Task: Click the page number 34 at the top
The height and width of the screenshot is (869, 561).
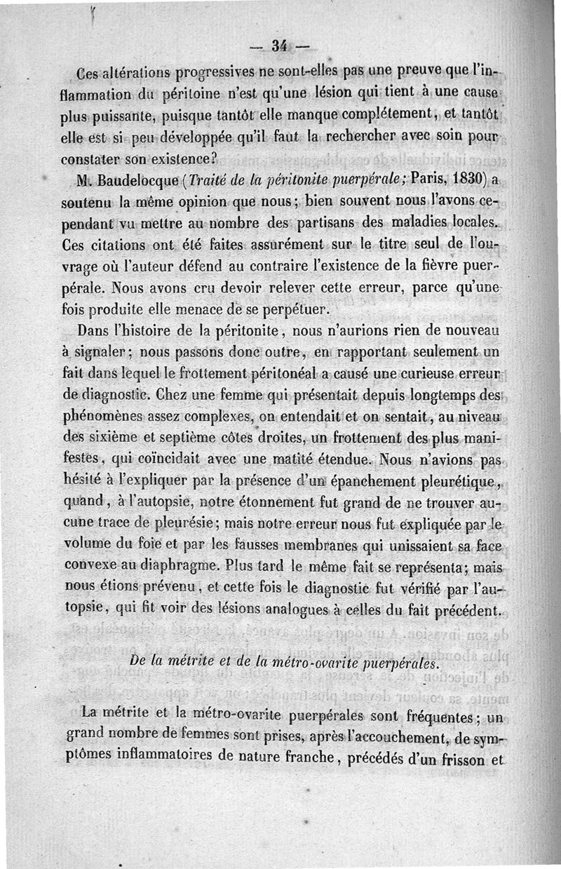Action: pyautogui.click(x=280, y=46)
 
